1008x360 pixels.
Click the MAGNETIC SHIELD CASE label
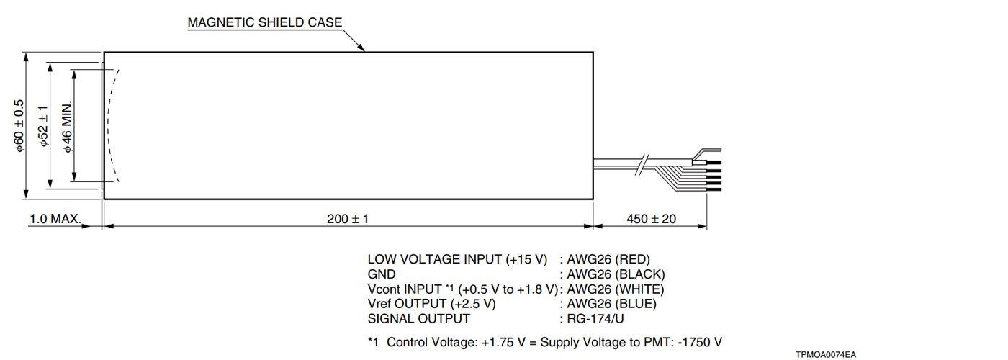[x=264, y=22]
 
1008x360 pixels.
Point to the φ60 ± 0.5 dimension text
[x=19, y=126]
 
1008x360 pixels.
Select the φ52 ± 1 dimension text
[x=43, y=126]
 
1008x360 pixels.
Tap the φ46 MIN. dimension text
[x=68, y=126]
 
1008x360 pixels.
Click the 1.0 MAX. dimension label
[x=55, y=219]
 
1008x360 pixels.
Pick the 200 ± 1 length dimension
[x=348, y=219]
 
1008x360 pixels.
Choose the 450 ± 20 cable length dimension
[x=651, y=219]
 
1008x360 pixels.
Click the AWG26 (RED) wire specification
[x=609, y=259]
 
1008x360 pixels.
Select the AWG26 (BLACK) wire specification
[x=616, y=274]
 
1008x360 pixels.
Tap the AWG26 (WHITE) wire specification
[x=616, y=289]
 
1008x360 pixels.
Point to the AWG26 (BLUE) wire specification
[x=612, y=304]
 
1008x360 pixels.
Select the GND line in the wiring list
[x=382, y=274]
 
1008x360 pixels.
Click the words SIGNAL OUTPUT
[x=418, y=319]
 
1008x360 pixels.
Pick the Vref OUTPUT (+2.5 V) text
[x=431, y=304]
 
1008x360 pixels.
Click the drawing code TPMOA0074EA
[x=826, y=354]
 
